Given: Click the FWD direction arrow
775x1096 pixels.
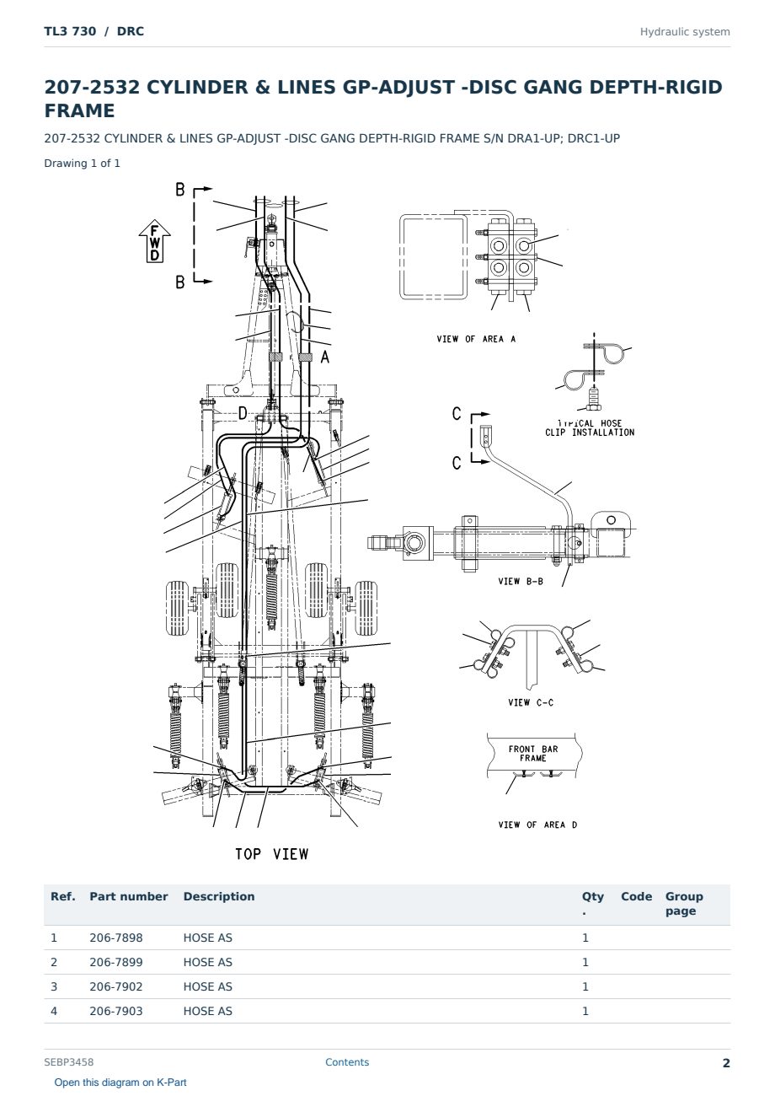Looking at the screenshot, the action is [154, 241].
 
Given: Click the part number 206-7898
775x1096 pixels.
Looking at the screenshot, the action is [116, 938].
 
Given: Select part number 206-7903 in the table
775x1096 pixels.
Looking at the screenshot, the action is [116, 1011].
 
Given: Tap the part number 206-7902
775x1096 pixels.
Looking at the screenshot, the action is [116, 986].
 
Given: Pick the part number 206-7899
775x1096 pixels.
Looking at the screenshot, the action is [116, 962].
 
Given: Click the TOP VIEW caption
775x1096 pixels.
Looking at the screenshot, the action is [272, 854].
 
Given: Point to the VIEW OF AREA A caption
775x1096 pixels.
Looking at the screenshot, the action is [476, 339].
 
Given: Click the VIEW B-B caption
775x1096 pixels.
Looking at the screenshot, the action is [521, 581].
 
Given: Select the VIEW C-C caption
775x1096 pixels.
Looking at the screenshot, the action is [531, 702].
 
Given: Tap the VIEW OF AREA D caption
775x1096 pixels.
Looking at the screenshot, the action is [537, 825].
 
